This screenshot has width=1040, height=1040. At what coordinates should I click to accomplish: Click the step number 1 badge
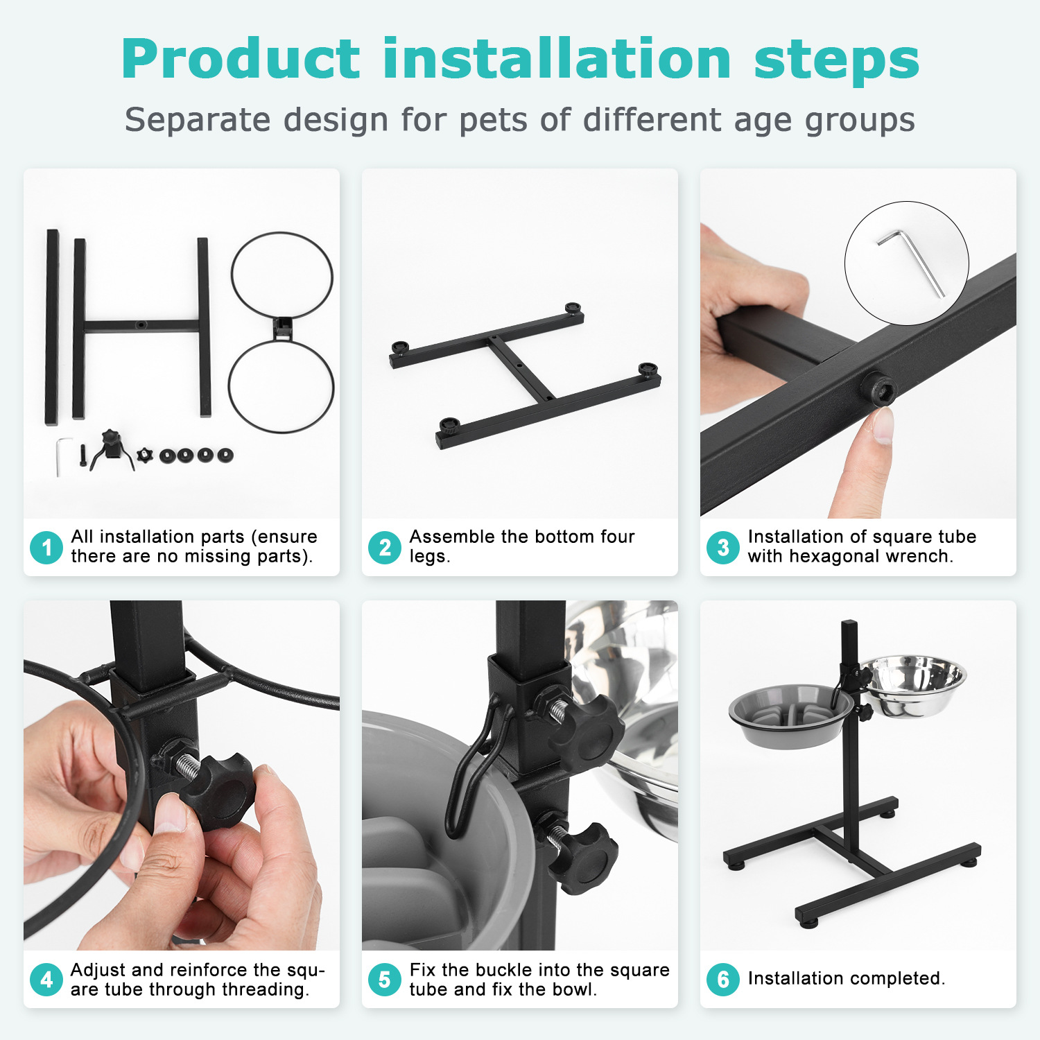pyautogui.click(x=46, y=547)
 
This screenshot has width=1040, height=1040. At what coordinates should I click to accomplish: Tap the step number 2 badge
pyautogui.click(x=385, y=547)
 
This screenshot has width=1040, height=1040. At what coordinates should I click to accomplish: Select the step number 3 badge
pyautogui.click(x=723, y=547)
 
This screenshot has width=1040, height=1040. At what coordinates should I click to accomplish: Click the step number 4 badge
pyautogui.click(x=46, y=980)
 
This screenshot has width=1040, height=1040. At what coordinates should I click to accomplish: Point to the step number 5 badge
pyautogui.click(x=385, y=980)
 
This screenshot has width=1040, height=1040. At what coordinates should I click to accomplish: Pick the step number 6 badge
pyautogui.click(x=723, y=980)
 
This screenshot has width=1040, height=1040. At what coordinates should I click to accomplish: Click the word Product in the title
pyautogui.click(x=241, y=60)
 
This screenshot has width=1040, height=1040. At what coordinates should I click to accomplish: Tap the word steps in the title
pyautogui.click(x=837, y=62)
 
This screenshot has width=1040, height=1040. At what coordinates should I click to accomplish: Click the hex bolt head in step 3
pyautogui.click(x=878, y=390)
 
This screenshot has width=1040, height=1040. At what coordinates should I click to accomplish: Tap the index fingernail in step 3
pyautogui.click(x=883, y=425)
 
